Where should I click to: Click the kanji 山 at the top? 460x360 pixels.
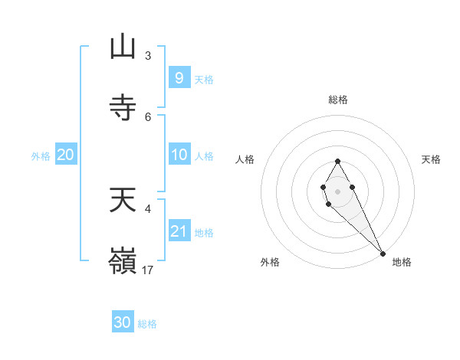coord(123,47)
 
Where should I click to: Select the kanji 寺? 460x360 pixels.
coord(123,106)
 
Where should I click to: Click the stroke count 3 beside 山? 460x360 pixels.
coord(148,56)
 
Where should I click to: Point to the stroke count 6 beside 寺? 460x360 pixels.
coord(148,116)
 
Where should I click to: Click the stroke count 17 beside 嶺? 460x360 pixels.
coord(148,270)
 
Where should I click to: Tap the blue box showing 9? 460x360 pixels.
coord(179,77)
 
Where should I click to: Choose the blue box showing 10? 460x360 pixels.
coord(179,155)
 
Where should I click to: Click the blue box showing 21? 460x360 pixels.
coord(179,231)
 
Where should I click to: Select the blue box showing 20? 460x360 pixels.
coord(66,155)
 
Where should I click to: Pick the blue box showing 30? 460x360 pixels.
coord(123,322)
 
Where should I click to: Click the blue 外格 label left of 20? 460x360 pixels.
coord(41,156)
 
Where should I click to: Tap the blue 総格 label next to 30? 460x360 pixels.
coord(148,324)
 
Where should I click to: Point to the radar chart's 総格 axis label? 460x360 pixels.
coord(337,100)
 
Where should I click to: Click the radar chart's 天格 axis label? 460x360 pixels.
coord(431,159)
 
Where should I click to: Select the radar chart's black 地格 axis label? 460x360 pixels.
coord(402,262)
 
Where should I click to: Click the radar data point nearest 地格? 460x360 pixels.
coord(383,254)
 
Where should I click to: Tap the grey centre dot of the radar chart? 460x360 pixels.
coord(337,190)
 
